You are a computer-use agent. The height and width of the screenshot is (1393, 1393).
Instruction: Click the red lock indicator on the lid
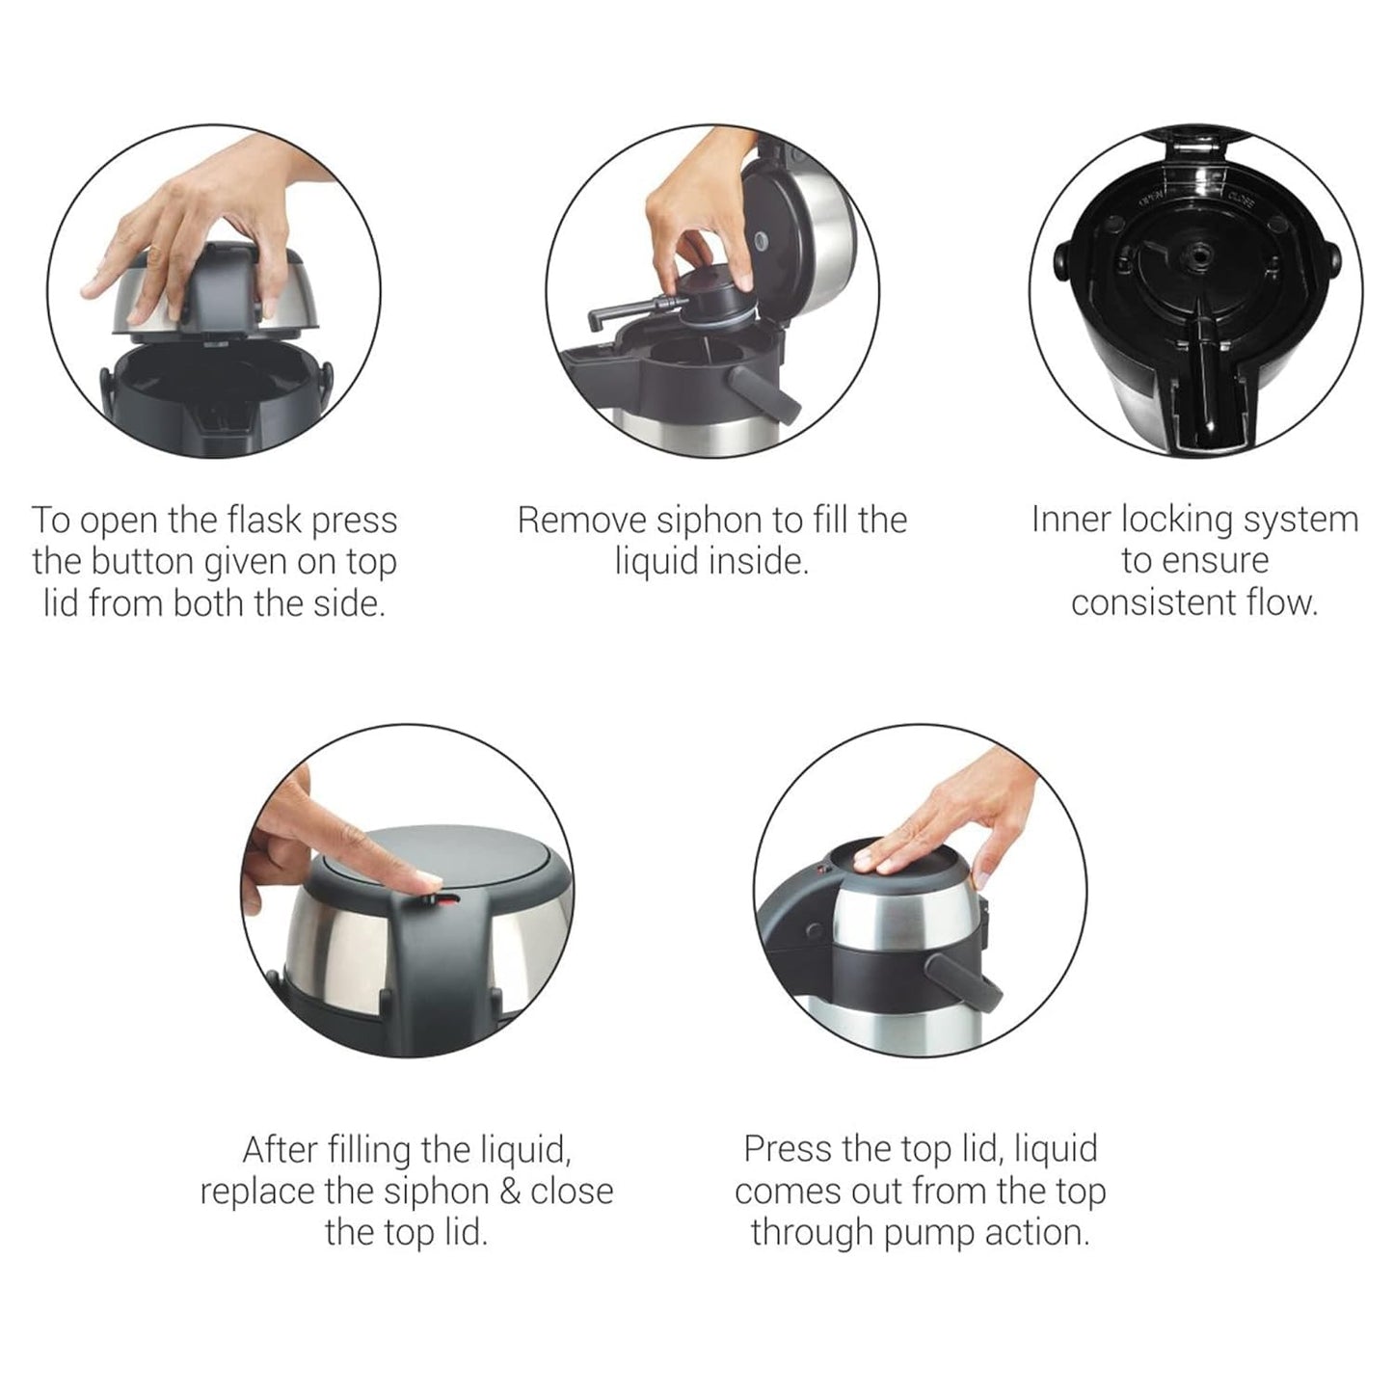click(x=446, y=897)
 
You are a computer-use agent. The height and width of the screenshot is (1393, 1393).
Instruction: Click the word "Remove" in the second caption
click(x=581, y=521)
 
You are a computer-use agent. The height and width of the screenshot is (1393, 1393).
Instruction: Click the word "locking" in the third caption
click(x=1174, y=520)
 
